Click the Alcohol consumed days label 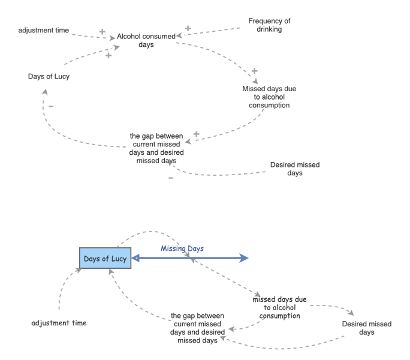click(x=146, y=40)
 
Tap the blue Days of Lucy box click(x=105, y=259)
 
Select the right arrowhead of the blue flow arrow click(x=243, y=258)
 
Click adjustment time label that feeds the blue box click(x=59, y=323)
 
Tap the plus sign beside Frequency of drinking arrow click(x=188, y=28)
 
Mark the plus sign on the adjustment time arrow click(x=102, y=31)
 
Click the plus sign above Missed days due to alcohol click(x=255, y=71)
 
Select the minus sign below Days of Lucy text click(x=51, y=107)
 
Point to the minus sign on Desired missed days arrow click(x=171, y=178)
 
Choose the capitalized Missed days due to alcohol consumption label click(x=269, y=97)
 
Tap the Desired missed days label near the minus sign click(x=295, y=169)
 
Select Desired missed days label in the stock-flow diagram click(x=367, y=328)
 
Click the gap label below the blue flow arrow click(x=197, y=328)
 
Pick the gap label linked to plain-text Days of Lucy click(x=157, y=148)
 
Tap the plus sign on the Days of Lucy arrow click(x=108, y=55)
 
